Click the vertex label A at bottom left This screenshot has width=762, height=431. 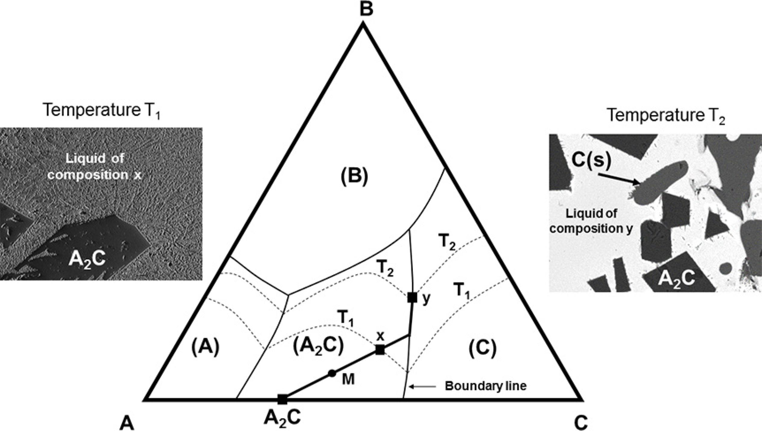tap(127, 423)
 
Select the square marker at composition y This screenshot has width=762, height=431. tap(412, 297)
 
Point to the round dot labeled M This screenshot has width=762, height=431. tap(332, 373)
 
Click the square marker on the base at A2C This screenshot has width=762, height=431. tap(282, 399)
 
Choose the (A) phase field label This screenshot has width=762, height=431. tap(205, 348)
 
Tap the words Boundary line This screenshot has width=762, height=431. tap(486, 386)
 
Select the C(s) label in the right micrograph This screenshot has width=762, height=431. tap(591, 161)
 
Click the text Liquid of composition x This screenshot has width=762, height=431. tap(95, 166)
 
